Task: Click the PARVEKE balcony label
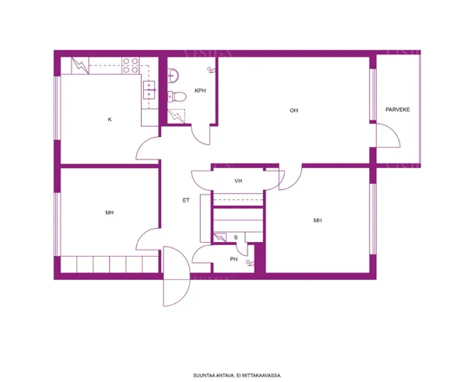[398, 110]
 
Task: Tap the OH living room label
[293, 110]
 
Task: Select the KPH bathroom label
[200, 90]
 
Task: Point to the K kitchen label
[110, 119]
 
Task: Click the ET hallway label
[186, 201]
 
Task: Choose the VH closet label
[238, 180]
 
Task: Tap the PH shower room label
[233, 259]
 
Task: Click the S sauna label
[236, 237]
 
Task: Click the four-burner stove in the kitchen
[131, 65]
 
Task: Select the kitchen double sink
[149, 90]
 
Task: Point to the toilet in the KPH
[177, 96]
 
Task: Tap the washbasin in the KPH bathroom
[173, 75]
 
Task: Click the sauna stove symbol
[219, 237]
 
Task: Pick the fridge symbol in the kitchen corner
[80, 65]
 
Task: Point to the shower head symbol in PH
[250, 263]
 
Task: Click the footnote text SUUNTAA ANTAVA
[213, 376]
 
